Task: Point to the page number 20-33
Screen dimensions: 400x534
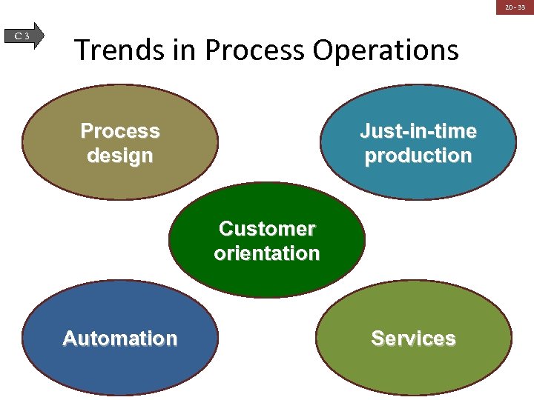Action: pyautogui.click(x=515, y=7)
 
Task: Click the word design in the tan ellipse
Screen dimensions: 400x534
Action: pyautogui.click(x=120, y=156)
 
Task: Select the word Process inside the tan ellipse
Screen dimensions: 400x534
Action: pyautogui.click(x=120, y=131)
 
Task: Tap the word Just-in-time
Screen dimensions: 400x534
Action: pyautogui.click(x=418, y=131)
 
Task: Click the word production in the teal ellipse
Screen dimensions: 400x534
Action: pyautogui.click(x=418, y=156)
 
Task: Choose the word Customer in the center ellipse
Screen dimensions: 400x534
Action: pyautogui.click(x=267, y=228)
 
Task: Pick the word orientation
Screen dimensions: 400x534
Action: pyautogui.click(x=267, y=253)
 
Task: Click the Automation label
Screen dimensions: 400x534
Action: pyautogui.click(x=120, y=339)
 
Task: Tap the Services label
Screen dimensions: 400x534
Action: pyautogui.click(x=413, y=339)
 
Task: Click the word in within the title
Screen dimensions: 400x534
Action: pyautogui.click(x=187, y=50)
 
